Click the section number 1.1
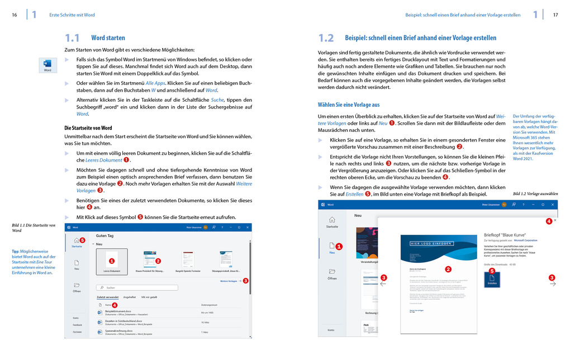click(x=75, y=38)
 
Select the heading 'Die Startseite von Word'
click(x=88, y=128)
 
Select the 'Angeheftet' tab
click(x=130, y=297)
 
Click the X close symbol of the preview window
click(x=554, y=221)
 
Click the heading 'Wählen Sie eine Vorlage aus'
click(x=349, y=105)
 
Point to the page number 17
click(x=555, y=15)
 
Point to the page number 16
click(x=15, y=15)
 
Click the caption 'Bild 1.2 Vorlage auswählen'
click(x=535, y=193)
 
